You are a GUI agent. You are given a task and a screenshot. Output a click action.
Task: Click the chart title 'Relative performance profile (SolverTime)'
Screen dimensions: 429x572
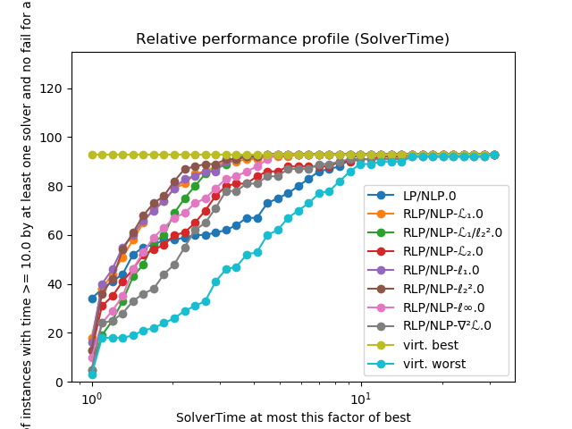(293, 39)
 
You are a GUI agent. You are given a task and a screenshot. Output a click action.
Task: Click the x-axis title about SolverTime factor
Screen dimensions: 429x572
(293, 417)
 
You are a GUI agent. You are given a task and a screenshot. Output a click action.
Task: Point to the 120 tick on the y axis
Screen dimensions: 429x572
(55, 88)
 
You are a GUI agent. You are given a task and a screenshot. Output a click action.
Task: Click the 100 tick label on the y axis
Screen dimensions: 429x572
(55, 138)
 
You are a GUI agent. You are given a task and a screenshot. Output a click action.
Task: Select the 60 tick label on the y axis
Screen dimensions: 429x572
(58, 235)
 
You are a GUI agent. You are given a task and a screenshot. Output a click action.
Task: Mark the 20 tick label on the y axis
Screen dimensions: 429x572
(58, 333)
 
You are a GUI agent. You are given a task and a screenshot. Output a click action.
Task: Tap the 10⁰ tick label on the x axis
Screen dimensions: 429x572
(91, 398)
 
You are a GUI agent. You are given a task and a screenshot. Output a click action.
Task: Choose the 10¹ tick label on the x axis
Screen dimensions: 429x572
(360, 398)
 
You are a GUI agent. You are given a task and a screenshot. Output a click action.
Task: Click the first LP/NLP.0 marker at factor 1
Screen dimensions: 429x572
(92, 299)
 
